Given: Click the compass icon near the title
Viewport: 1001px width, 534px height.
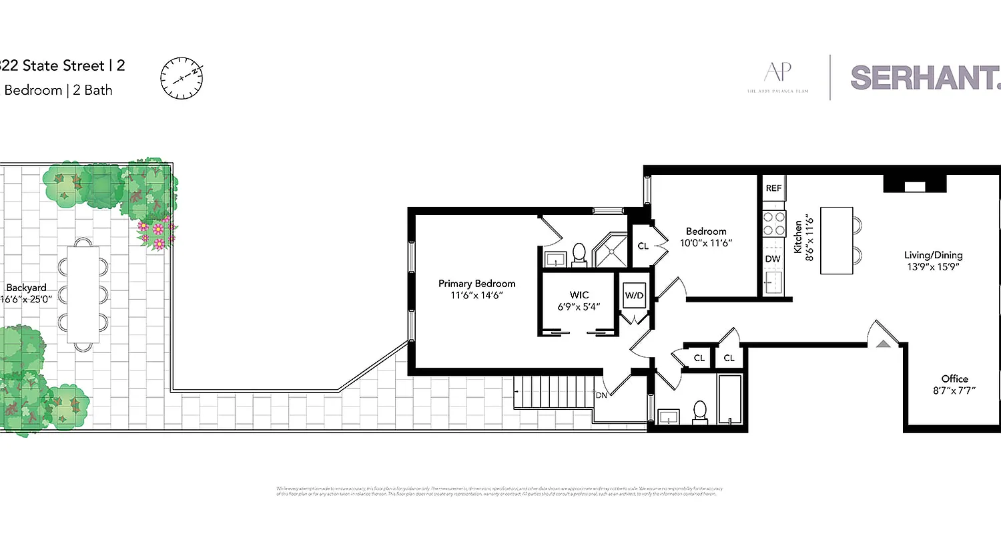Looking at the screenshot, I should tap(181, 77).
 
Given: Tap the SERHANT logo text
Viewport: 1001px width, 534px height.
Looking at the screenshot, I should tap(925, 77).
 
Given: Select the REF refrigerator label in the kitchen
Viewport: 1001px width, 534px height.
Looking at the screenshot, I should tap(773, 188).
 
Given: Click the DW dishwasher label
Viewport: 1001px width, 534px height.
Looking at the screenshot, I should tap(773, 259).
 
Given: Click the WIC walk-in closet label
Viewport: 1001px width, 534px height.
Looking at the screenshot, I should tap(579, 294).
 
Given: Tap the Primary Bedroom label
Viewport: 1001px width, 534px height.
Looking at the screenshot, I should tap(476, 284).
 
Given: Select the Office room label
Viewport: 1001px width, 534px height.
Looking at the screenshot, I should tap(954, 378).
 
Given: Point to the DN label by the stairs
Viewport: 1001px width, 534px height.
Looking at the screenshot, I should tap(600, 394).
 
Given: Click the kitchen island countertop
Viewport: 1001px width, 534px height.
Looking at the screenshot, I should tap(836, 240).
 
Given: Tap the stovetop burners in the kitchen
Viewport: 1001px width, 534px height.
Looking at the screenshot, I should tap(773, 224).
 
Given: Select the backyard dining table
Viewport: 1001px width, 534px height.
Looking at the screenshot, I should tap(83, 294).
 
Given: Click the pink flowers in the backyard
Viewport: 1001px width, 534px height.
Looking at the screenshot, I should tap(157, 234).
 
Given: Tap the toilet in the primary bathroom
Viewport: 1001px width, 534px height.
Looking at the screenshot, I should tap(579, 253).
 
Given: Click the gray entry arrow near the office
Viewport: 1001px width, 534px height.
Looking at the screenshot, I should tap(883, 344).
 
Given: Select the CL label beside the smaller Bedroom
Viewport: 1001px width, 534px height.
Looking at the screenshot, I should tap(643, 246).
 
